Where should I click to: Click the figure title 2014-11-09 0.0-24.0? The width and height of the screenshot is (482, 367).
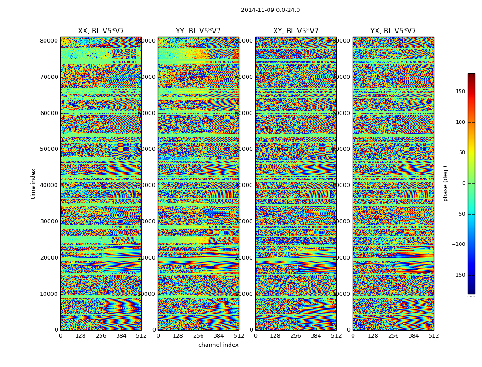270,10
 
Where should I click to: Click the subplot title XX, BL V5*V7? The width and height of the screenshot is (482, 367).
101,31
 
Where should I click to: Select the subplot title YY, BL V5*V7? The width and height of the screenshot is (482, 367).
198,31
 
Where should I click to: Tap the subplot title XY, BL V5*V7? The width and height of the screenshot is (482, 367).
296,31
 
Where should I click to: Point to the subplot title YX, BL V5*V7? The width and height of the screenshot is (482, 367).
393,31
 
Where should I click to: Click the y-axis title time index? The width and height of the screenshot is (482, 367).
33,183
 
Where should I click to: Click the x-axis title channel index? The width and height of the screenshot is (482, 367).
219,345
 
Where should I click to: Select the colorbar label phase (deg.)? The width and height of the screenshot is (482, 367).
445,183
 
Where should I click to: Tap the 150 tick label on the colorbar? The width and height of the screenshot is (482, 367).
460,92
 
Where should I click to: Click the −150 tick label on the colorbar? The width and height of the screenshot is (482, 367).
458,275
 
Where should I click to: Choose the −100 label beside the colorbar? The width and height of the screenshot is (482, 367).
458,245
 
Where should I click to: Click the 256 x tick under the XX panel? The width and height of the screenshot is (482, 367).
101,336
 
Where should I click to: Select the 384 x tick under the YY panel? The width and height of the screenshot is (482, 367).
219,336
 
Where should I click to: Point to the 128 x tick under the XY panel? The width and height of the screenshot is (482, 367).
275,336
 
